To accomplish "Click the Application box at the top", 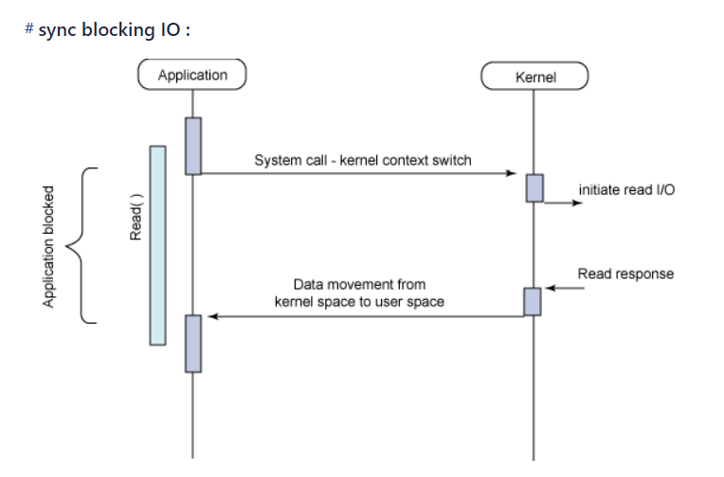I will click(x=192, y=75).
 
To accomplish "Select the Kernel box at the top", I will click(x=534, y=77).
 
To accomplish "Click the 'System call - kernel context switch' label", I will click(x=363, y=160).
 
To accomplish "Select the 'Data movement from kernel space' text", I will click(x=359, y=292).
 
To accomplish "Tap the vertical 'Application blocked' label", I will click(x=48, y=245).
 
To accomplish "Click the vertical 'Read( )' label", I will click(x=136, y=221).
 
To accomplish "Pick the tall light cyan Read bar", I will click(x=157, y=245).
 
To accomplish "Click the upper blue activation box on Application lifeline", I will click(x=193, y=146).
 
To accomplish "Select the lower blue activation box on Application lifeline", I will click(x=193, y=343).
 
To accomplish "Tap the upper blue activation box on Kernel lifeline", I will click(x=534, y=187).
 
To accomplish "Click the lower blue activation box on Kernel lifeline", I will click(x=533, y=301).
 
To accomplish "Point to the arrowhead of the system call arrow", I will click(x=511, y=174).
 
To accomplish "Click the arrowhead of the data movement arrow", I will click(x=214, y=317).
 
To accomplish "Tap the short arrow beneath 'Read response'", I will click(x=558, y=288).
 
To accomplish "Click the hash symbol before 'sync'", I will click(x=29, y=29).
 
